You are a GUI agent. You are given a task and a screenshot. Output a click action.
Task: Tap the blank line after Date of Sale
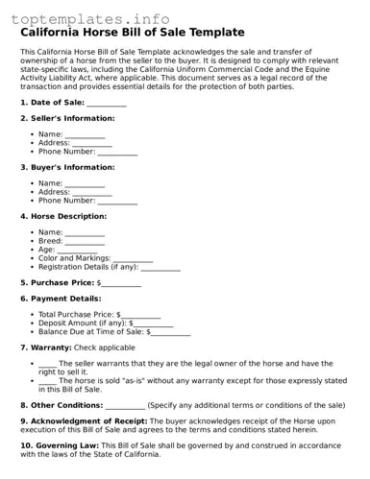(107, 103)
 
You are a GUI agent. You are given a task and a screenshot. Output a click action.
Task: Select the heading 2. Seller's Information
(67, 119)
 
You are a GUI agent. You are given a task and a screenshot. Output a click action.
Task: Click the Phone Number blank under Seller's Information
(117, 152)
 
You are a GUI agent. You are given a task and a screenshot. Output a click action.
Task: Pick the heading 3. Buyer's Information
(67, 168)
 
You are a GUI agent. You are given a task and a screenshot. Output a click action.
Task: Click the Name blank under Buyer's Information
(85, 184)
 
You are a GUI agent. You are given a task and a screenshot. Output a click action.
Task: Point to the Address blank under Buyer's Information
(92, 193)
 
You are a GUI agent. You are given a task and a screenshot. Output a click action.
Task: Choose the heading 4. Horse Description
(69, 217)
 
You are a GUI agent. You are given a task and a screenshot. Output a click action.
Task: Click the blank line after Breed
(85, 242)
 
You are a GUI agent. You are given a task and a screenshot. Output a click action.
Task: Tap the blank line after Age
(77, 251)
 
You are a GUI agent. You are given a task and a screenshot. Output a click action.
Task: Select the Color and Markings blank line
(133, 259)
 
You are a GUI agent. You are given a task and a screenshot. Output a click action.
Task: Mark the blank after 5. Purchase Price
(122, 284)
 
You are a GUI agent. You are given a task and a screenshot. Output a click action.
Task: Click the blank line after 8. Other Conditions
(125, 406)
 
